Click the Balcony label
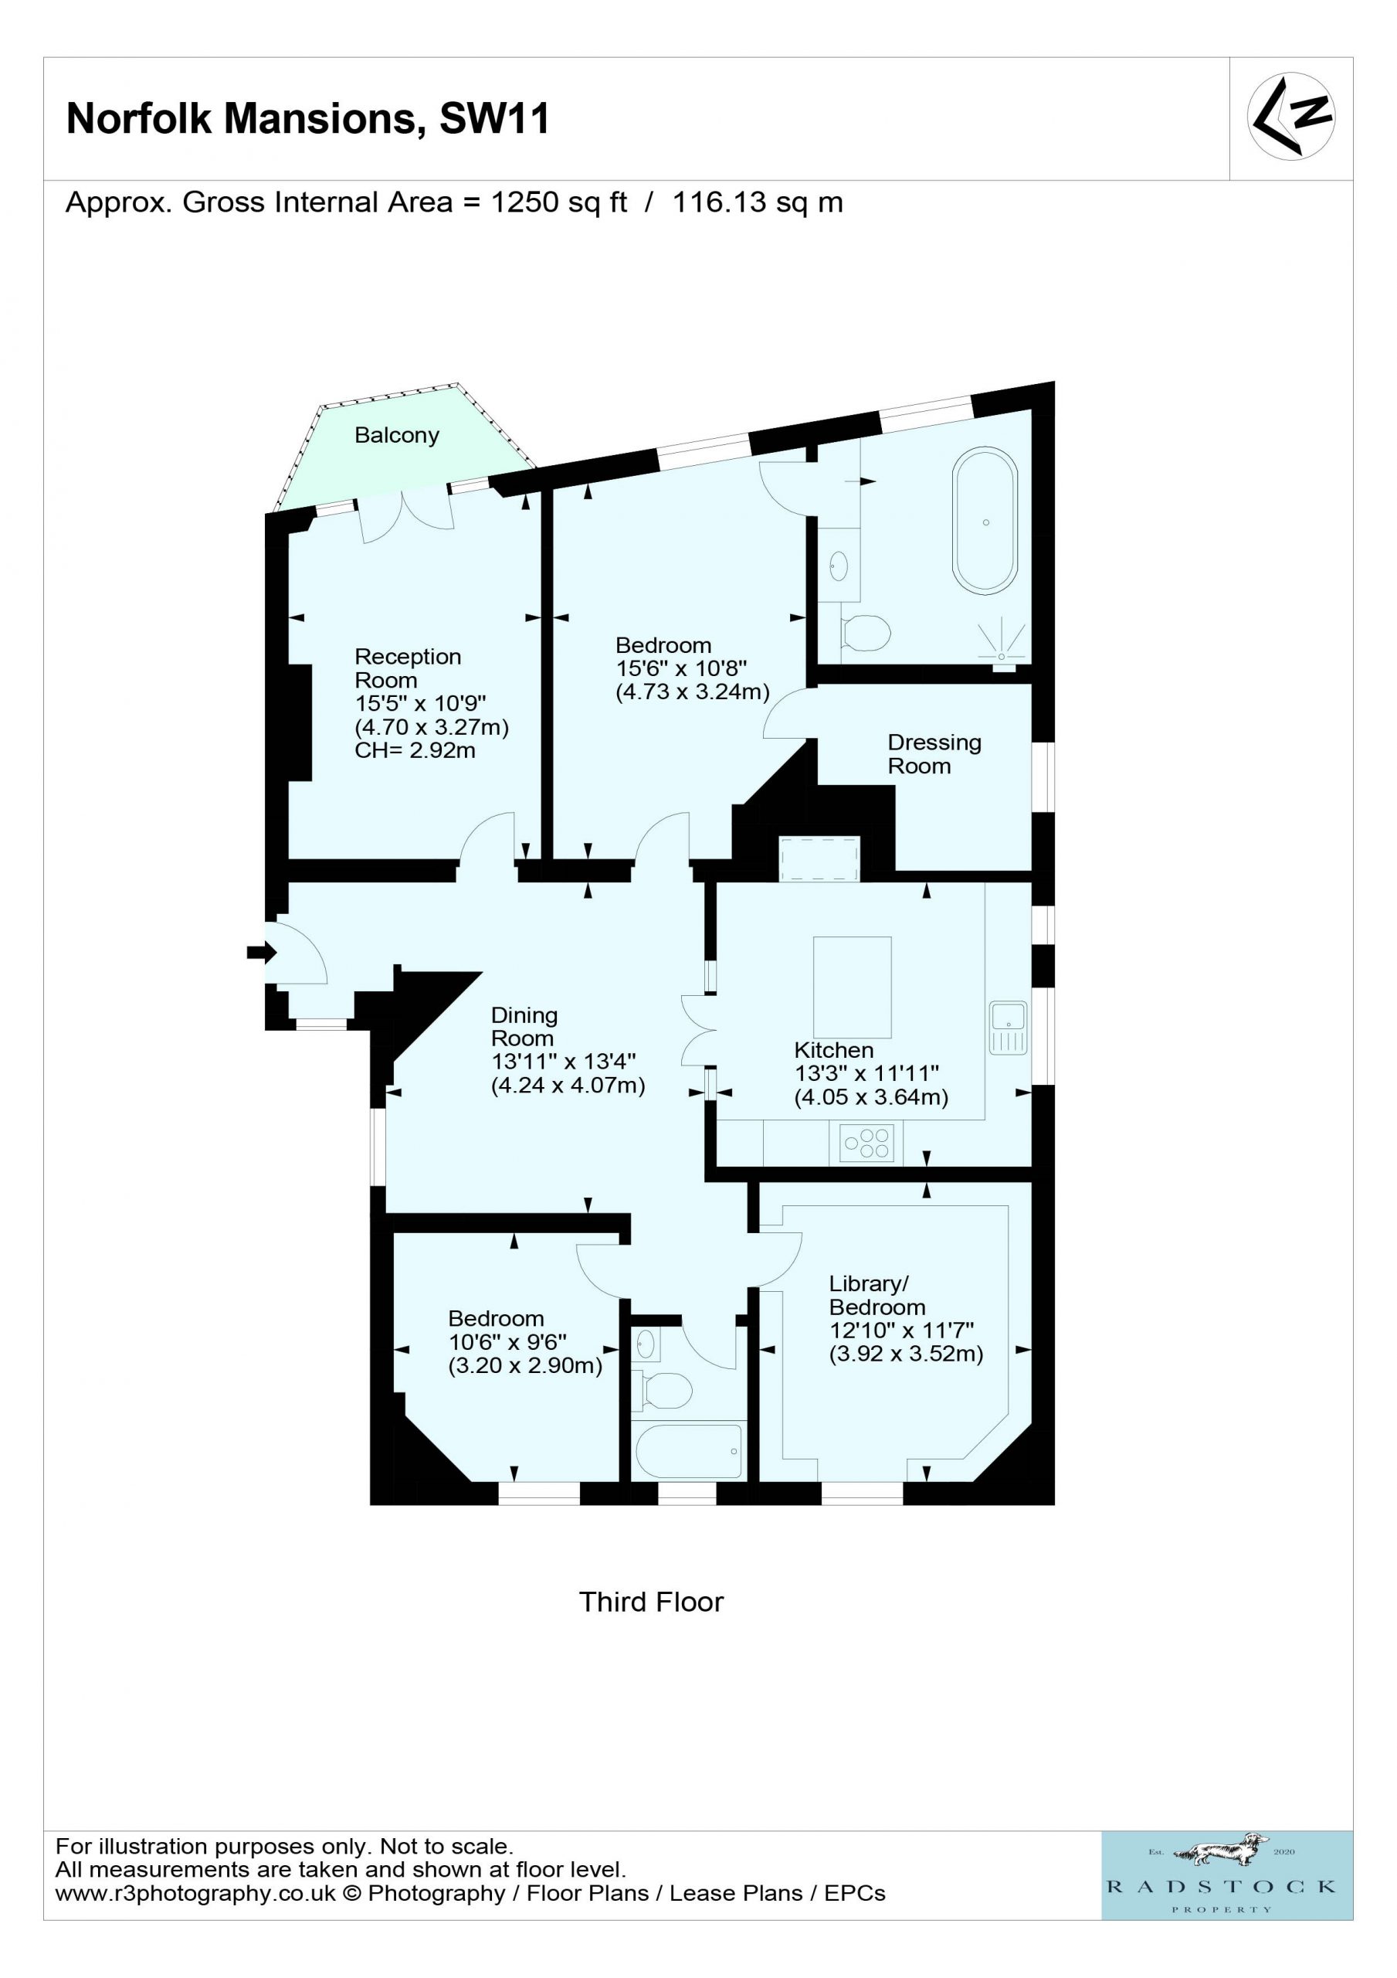[397, 436]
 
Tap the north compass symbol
[1291, 115]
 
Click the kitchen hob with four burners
[866, 1144]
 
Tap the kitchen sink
[1009, 1028]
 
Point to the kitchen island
[853, 987]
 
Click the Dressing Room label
[934, 754]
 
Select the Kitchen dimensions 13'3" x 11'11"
[866, 1073]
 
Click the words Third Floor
[651, 1602]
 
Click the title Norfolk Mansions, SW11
[307, 118]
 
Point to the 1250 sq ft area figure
[559, 202]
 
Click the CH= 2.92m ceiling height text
[415, 750]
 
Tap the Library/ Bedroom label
[877, 1295]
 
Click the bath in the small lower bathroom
[688, 1452]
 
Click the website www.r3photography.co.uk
[195, 1894]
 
